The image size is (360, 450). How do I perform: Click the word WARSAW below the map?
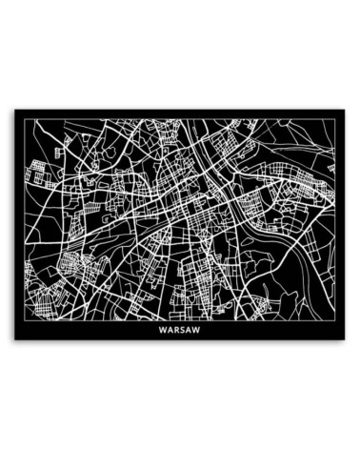(x=181, y=333)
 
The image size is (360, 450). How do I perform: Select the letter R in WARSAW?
(x=178, y=333)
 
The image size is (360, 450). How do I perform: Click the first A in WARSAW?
(x=171, y=333)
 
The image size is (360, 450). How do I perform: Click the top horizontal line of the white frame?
(x=181, y=117)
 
